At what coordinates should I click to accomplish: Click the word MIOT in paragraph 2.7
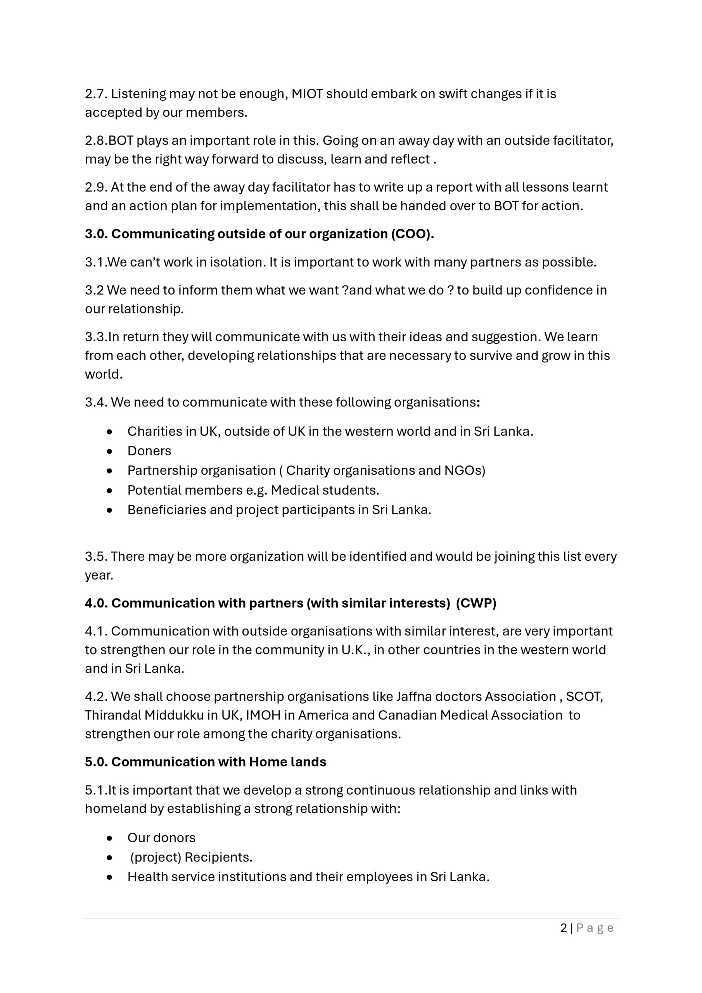point(307,94)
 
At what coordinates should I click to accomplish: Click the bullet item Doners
point(149,451)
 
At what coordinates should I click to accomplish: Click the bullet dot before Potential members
point(109,490)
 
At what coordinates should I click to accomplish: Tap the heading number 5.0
point(96,761)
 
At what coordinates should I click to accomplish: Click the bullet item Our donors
point(161,838)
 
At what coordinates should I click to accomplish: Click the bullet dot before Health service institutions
point(109,877)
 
